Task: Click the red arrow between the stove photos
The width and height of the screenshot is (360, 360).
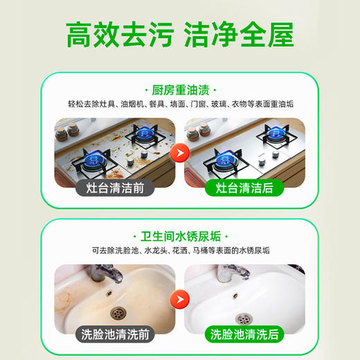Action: coord(179,147)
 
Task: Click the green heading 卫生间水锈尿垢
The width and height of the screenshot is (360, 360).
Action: coord(179,236)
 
